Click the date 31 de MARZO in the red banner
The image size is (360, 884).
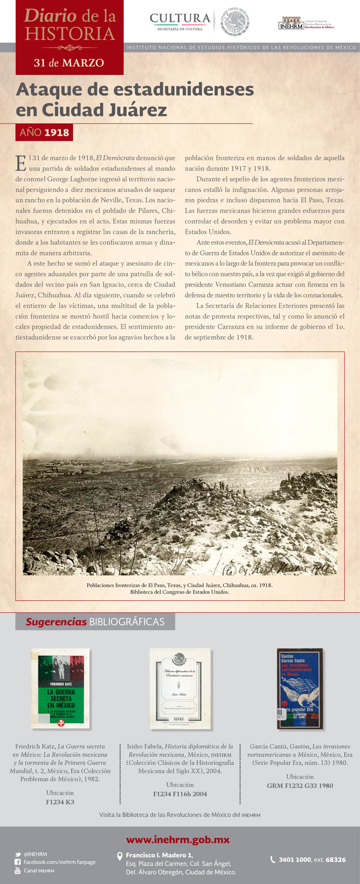69,63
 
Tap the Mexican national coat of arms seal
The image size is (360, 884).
235,22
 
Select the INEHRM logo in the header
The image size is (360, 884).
291,24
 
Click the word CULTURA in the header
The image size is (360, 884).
180,19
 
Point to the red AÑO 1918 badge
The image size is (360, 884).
44,132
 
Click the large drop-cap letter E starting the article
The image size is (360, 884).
21,163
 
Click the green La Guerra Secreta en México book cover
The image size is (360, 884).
60,688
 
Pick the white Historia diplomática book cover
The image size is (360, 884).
180,688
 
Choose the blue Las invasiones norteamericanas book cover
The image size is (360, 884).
300,688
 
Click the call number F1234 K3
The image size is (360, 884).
60,802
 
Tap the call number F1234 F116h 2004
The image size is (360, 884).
180,794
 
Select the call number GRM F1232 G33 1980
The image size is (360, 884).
300,786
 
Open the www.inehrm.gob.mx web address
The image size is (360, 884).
178,840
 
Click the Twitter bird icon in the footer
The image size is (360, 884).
18,854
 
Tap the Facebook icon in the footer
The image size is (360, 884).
18,862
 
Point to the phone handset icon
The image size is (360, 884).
273,860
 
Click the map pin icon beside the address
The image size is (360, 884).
120,856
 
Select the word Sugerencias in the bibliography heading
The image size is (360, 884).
56,622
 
